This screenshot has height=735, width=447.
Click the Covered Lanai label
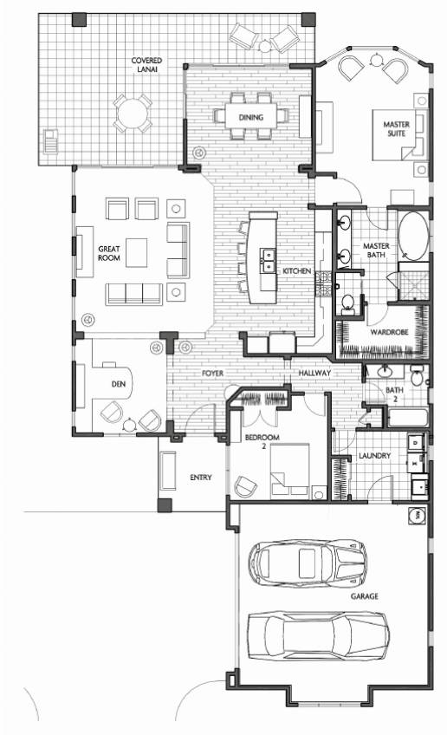[146, 65]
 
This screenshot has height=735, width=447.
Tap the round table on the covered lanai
[133, 113]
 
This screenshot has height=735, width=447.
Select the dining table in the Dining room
[250, 117]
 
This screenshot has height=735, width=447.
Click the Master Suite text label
[397, 129]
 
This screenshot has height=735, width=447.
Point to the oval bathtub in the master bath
[413, 237]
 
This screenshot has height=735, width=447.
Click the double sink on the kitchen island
[268, 260]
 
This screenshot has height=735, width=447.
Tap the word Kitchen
[296, 271]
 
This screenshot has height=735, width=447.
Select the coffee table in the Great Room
[136, 253]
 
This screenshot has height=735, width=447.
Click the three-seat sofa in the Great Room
[134, 294]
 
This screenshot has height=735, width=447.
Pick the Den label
[119, 384]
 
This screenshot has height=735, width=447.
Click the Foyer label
[213, 373]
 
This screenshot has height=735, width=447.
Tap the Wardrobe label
[389, 332]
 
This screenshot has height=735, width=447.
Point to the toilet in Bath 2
[418, 375]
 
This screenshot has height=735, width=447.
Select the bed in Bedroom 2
[290, 469]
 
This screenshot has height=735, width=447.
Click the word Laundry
[375, 456]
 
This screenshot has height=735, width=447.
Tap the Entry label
[201, 478]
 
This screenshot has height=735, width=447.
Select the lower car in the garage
[318, 636]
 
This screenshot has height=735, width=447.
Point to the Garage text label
[365, 596]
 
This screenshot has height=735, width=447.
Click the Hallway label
[314, 373]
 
